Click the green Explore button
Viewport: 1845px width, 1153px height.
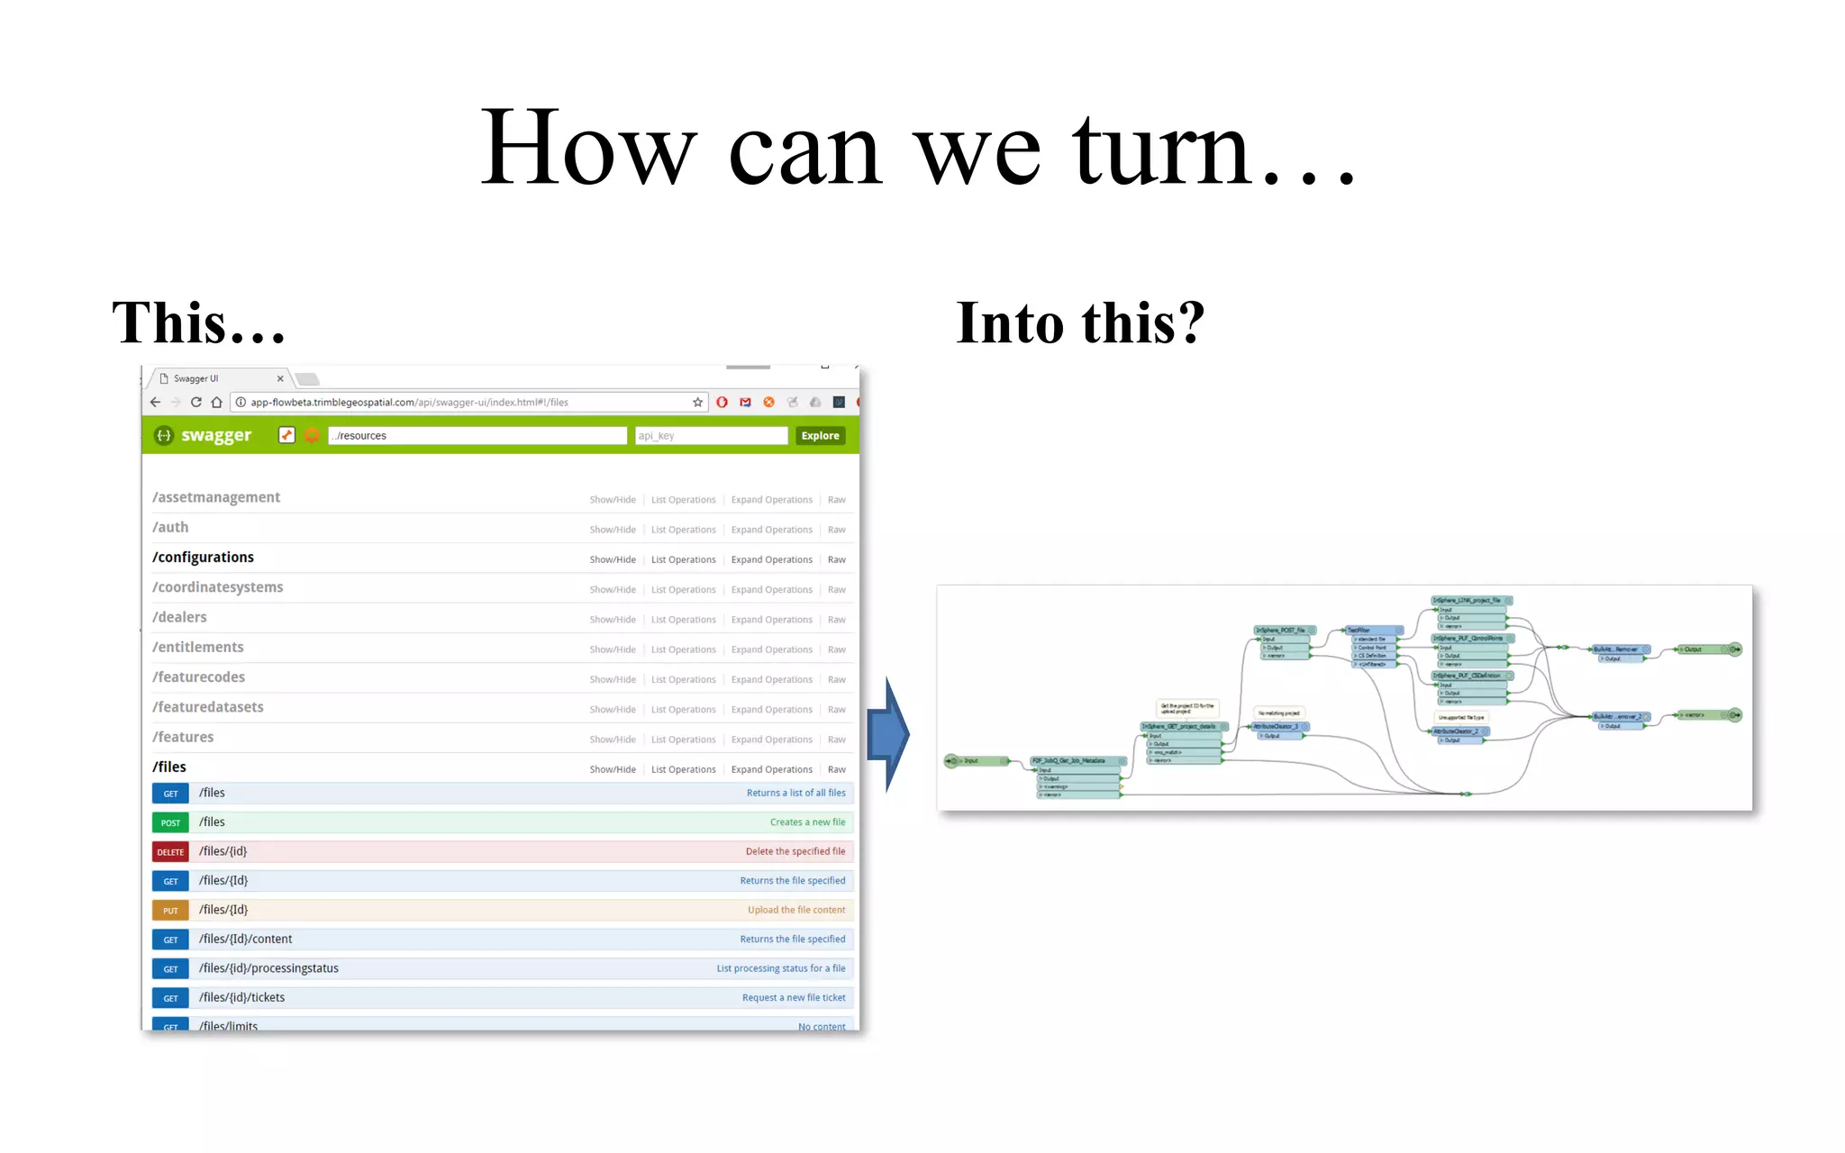click(x=820, y=436)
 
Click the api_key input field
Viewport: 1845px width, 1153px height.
click(x=711, y=436)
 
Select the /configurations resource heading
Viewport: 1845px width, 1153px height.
click(x=203, y=558)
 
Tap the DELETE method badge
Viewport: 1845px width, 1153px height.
click(x=170, y=852)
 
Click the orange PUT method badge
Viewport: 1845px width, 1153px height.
click(x=170, y=911)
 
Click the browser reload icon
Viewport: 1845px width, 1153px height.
click(x=195, y=403)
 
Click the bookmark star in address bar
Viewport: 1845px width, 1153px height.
click(x=697, y=403)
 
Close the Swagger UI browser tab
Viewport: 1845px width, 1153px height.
click(x=280, y=379)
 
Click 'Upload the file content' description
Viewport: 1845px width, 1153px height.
click(x=795, y=911)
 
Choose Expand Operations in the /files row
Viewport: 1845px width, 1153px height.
click(x=771, y=770)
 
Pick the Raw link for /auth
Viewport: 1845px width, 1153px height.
click(x=836, y=531)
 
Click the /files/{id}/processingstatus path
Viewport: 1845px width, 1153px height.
click(x=268, y=969)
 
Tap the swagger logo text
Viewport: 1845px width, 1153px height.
click(x=216, y=436)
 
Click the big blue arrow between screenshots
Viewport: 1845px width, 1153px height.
click(x=888, y=735)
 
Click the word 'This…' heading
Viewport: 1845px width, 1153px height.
click(x=198, y=323)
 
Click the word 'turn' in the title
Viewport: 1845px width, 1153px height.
click(x=1162, y=149)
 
